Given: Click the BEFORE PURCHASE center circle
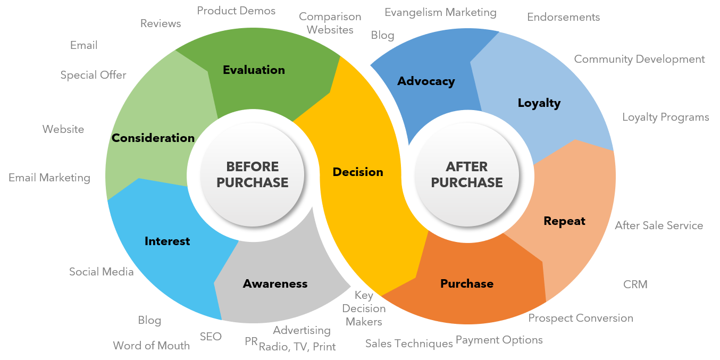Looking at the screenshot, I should [x=252, y=174].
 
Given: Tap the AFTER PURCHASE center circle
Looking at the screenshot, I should [x=466, y=174].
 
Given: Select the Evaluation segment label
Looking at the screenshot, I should [x=254, y=70].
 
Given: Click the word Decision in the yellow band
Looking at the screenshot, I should [x=358, y=172].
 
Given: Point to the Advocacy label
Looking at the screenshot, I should [x=426, y=81].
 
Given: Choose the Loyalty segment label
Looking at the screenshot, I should [x=539, y=103].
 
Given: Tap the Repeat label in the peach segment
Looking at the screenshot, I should [x=564, y=221].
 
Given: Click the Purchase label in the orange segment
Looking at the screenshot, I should [x=467, y=283].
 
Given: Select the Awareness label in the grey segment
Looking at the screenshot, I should [x=275, y=283].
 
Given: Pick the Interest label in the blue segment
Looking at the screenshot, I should [x=167, y=241].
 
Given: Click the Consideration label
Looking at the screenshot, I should [x=153, y=138].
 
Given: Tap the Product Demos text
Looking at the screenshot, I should [x=236, y=11].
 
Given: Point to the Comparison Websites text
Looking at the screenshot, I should [x=330, y=23].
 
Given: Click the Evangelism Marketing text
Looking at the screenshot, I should [x=440, y=12].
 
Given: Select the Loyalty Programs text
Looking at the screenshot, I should [x=666, y=117].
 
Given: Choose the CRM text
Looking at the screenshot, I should [x=635, y=284].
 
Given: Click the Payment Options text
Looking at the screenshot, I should [x=499, y=339].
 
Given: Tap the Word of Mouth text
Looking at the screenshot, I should [x=151, y=346].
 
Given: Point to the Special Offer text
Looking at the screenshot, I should [x=93, y=75].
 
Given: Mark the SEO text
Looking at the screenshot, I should [x=211, y=336].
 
